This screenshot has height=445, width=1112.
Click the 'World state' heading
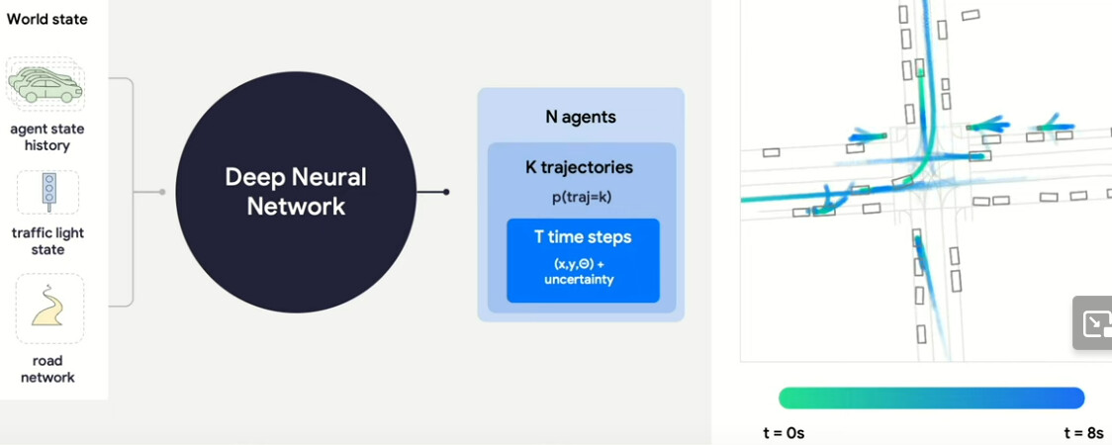click(x=46, y=19)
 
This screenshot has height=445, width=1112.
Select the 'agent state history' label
click(x=47, y=137)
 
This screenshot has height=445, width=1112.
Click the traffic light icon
click(x=47, y=191)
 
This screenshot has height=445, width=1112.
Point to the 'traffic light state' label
click(x=47, y=241)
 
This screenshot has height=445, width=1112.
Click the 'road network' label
click(x=47, y=369)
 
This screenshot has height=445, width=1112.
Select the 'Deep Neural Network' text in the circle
click(x=296, y=191)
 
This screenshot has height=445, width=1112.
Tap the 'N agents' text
click(x=581, y=117)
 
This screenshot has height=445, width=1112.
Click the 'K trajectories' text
click(x=580, y=167)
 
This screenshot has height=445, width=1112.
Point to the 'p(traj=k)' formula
click(x=582, y=197)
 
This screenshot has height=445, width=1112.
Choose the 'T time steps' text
click(x=582, y=236)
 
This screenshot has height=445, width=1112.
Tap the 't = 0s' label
click(x=784, y=433)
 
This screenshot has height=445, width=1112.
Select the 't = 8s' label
click(x=1083, y=433)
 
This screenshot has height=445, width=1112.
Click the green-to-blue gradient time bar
click(x=931, y=398)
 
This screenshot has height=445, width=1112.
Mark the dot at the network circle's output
click(x=446, y=192)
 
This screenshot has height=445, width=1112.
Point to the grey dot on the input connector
click(x=162, y=192)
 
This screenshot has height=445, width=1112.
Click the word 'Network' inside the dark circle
click(x=296, y=207)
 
